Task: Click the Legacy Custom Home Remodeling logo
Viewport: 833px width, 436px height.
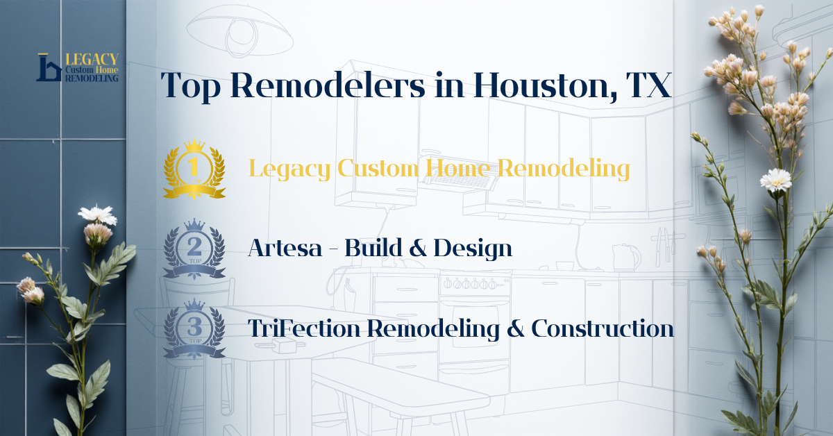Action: pos(77,67)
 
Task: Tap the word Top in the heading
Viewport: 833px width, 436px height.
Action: pos(190,85)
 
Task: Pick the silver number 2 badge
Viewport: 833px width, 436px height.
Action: pos(194,248)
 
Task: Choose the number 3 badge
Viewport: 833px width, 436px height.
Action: pos(194,328)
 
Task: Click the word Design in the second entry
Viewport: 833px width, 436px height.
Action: pos(473,248)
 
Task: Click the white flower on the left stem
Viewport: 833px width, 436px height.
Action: pos(97,215)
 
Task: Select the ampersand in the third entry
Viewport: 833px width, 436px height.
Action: pos(514,328)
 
